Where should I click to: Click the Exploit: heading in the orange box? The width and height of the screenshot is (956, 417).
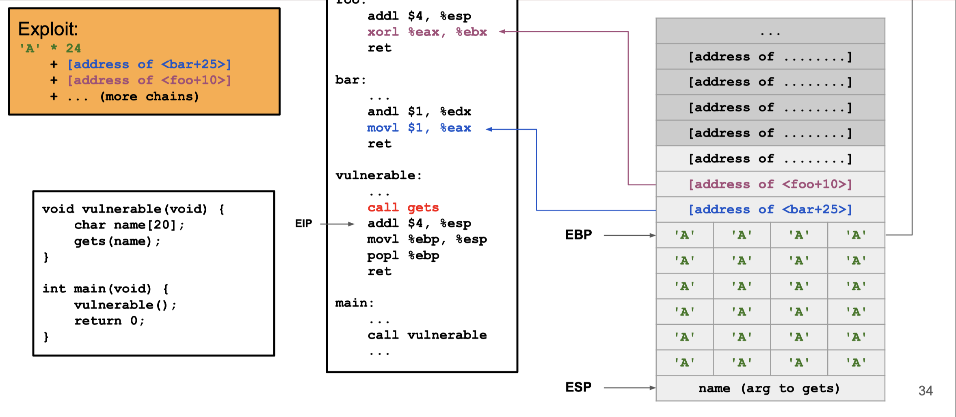point(48,29)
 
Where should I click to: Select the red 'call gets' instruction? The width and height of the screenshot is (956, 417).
point(403,208)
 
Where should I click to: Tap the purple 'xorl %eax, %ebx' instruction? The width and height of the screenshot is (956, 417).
point(427,32)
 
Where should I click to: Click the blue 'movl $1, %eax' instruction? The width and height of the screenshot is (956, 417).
point(419,128)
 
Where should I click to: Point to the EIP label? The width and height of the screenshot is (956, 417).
point(303,224)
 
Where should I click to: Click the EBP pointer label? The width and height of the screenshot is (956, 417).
point(578,235)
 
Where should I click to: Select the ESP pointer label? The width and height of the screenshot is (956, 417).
point(578,387)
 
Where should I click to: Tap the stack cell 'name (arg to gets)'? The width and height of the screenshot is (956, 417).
point(770,389)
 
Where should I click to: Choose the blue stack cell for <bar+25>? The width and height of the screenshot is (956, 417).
point(770,210)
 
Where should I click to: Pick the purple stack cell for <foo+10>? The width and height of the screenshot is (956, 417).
point(770,185)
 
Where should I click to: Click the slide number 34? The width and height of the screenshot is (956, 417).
point(926,391)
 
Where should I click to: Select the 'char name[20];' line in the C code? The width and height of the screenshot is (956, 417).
point(129,225)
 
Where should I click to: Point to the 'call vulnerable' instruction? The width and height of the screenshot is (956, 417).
point(427,335)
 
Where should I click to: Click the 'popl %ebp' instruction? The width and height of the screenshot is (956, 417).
point(403,256)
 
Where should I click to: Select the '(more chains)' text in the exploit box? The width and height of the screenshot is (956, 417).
point(149,97)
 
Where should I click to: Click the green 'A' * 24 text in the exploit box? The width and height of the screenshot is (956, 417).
point(50,48)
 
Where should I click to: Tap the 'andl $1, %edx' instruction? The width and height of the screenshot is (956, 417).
point(419,112)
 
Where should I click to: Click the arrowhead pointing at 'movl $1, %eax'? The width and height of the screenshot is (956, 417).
point(489,129)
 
